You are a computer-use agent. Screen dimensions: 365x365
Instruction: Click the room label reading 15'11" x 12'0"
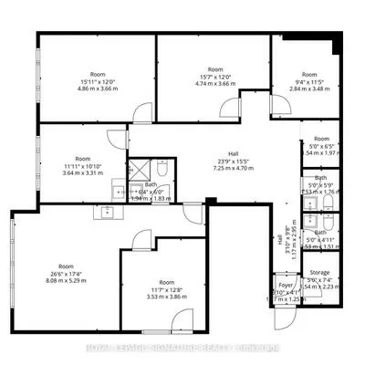[98, 79]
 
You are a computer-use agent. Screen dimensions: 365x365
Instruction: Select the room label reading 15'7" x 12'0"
[215, 76]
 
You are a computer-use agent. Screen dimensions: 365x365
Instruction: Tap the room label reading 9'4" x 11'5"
[310, 79]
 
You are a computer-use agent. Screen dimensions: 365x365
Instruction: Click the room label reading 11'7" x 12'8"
[166, 289]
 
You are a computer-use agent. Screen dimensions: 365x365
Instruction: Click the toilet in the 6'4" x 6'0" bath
[159, 170]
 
